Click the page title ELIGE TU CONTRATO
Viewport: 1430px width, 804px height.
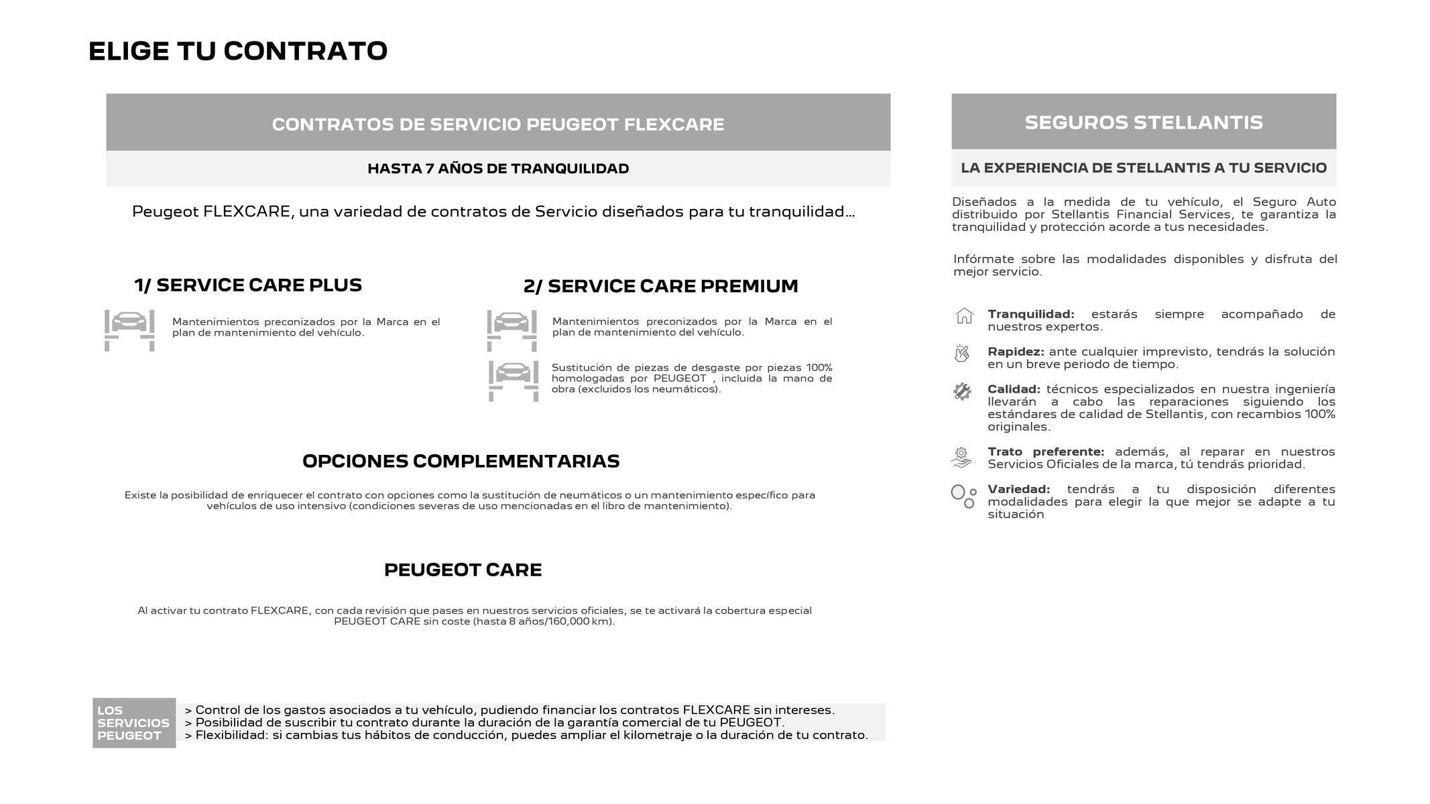pos(238,52)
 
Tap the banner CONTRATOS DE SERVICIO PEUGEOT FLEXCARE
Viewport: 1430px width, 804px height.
pos(497,124)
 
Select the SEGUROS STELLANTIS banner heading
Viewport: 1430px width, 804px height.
pos(1143,122)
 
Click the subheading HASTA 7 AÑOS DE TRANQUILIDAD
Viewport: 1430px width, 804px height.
pos(497,168)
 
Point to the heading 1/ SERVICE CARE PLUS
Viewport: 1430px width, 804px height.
pos(248,285)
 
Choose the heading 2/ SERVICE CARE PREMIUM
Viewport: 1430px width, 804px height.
pos(660,286)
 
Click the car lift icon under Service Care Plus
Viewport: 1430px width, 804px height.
pos(129,330)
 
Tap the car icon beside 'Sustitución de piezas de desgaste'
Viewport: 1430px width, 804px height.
pos(513,381)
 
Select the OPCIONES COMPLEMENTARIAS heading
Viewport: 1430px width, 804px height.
pos(461,461)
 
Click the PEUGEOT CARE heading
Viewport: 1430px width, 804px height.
pos(463,569)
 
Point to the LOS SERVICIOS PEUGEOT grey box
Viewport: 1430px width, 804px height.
pos(133,723)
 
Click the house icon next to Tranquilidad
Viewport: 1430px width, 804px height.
pos(963,316)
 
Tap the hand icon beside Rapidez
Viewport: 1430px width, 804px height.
pos(962,353)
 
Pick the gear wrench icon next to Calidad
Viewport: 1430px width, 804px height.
pos(962,391)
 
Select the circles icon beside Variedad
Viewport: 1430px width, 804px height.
pos(963,496)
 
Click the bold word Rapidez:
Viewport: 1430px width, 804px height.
pos(1015,352)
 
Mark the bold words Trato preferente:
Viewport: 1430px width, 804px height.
pos(1045,452)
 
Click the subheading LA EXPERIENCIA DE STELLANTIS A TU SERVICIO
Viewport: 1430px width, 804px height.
pos(1143,167)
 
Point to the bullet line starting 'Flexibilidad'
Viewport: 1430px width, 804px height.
pos(526,735)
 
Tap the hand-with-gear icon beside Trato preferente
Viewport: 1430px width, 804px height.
pos(961,457)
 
